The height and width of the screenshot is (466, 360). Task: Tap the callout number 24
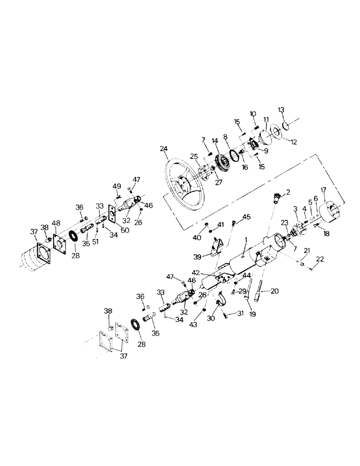coord(163,150)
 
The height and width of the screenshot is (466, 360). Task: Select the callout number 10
coord(253,113)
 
